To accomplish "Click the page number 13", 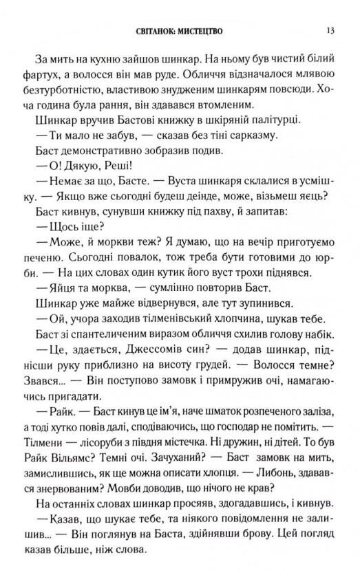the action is pyautogui.click(x=330, y=30).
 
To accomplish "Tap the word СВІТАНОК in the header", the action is pyautogui.click(x=160, y=31).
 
